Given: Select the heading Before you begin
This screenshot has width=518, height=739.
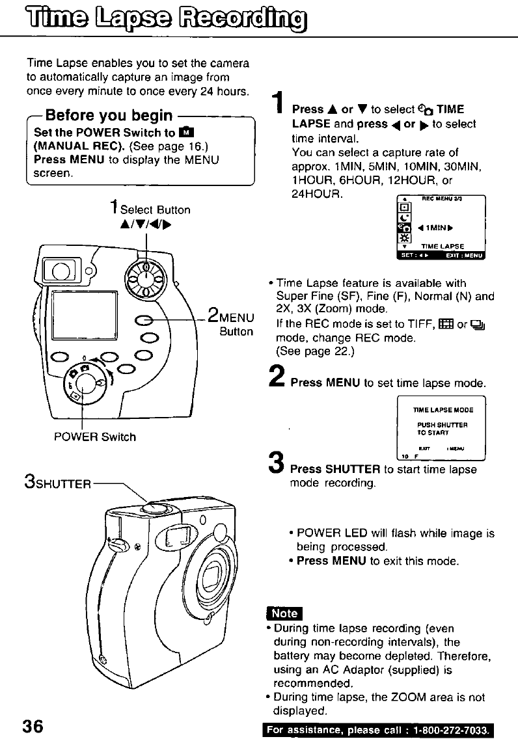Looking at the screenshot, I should [x=107, y=116].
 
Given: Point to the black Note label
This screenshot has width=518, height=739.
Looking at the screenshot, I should [x=284, y=613].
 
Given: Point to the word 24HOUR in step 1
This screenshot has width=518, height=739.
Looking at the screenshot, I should [x=318, y=193].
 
